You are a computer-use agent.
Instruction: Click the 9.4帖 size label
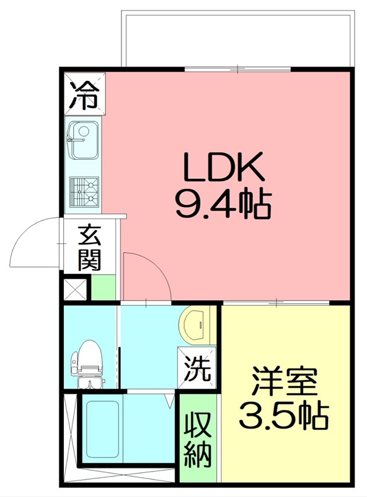223,203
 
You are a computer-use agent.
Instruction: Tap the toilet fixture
86,362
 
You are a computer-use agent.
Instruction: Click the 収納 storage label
199,438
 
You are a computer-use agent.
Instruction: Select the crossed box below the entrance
76,290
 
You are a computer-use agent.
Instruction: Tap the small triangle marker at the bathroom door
169,402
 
